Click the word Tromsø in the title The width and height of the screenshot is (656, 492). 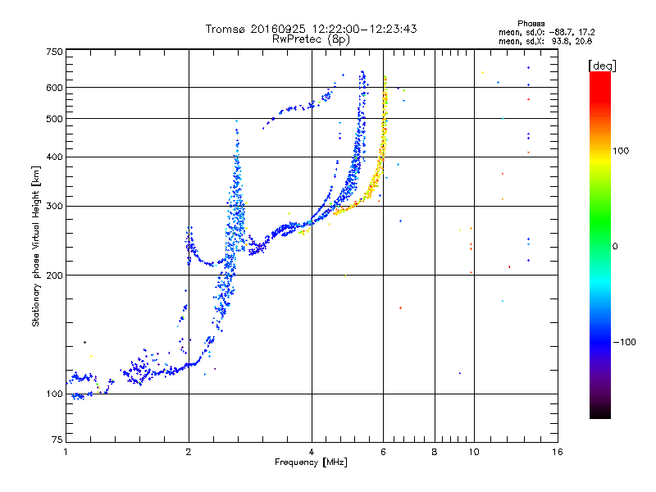pos(225,29)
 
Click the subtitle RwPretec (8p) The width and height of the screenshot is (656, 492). pos(311,39)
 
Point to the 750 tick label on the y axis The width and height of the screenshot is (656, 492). pos(54,52)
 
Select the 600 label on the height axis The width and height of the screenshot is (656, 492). pos(54,88)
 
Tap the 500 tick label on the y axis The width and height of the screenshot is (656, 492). pos(54,119)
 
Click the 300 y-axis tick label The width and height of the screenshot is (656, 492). pos(54,207)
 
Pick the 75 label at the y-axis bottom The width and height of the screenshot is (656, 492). pos(57,440)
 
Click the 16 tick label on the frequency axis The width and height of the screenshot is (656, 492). pos(557,452)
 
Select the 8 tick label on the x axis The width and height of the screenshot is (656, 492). pos(435,452)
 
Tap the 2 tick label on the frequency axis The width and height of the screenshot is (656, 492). pos(189,452)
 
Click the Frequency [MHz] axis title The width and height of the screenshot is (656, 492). pos(311,462)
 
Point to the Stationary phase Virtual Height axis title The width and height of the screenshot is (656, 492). pos(35,247)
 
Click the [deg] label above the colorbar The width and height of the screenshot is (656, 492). pos(602,66)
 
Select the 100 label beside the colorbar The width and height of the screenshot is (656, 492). pos(621,151)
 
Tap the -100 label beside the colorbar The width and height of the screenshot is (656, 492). pos(624,342)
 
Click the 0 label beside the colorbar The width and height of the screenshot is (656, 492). pos(615,247)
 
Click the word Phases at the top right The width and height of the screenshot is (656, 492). pos(531,24)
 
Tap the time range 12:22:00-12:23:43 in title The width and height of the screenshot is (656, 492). pos(364,29)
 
